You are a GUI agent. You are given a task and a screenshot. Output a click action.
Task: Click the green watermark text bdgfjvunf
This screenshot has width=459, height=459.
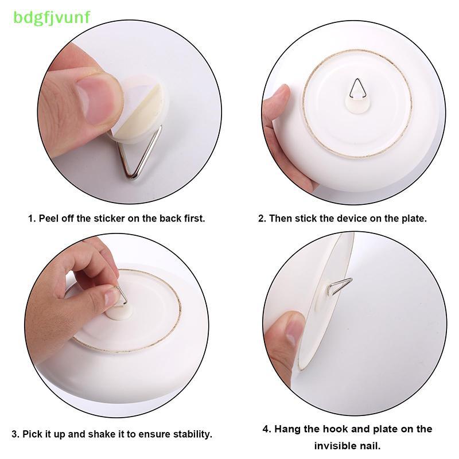coord(52,18)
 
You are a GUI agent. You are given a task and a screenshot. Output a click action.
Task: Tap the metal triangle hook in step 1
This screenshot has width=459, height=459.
coord(140,152)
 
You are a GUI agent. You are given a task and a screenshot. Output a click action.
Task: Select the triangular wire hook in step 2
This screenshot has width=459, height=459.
coord(357,88)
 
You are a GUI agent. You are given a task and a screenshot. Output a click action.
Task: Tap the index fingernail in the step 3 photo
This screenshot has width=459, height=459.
coord(112,296)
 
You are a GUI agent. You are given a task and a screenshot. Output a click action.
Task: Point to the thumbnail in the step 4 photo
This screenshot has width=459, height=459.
coord(293,332)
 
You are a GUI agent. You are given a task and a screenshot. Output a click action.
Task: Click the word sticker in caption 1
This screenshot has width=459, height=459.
coord(109,219)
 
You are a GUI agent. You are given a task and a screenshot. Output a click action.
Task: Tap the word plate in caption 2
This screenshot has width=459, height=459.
coord(413,219)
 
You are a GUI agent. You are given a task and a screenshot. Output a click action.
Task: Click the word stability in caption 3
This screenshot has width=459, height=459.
coord(192,434)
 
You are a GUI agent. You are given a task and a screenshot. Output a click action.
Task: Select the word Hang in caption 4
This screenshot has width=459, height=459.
coord(287,429)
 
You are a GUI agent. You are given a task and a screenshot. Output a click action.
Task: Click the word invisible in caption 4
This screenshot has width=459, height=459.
coord(337,446)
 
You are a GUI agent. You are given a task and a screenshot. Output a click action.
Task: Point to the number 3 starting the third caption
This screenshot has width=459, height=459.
coord(14,434)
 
